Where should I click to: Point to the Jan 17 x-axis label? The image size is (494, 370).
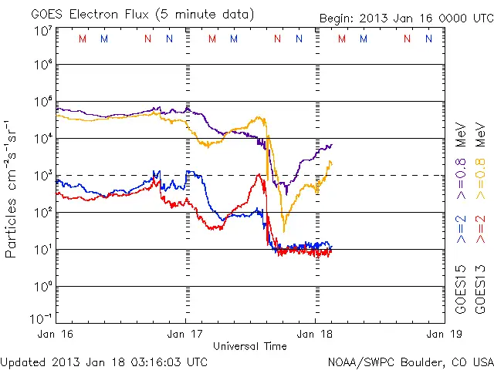[185, 335]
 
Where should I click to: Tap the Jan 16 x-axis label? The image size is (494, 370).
[58, 335]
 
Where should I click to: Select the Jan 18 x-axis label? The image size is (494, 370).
[313, 335]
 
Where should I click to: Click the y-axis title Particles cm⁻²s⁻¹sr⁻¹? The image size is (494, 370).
[12, 189]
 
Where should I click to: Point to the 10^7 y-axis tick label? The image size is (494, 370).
[42, 30]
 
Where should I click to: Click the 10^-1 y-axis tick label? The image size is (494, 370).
[40, 318]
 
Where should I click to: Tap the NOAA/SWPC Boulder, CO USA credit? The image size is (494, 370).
[410, 361]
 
